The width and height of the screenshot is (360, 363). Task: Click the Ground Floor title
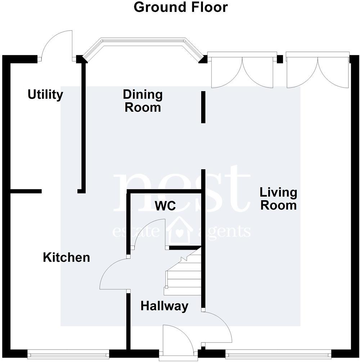pyautogui.click(x=180, y=7)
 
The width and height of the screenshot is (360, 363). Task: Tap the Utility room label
pyautogui.click(x=45, y=95)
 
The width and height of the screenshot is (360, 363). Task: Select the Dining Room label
pyautogui.click(x=143, y=101)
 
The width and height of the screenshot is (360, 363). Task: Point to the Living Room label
pyautogui.click(x=278, y=199)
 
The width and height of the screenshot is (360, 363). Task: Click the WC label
pyautogui.click(x=165, y=206)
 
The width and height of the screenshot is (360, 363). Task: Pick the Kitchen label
pyautogui.click(x=66, y=257)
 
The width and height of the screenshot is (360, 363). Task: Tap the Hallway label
pyautogui.click(x=164, y=306)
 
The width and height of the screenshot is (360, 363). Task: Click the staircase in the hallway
pyautogui.click(x=183, y=274)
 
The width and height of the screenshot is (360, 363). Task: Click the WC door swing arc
pyautogui.click(x=149, y=234)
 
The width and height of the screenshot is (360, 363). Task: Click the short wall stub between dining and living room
pyautogui.click(x=203, y=107)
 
